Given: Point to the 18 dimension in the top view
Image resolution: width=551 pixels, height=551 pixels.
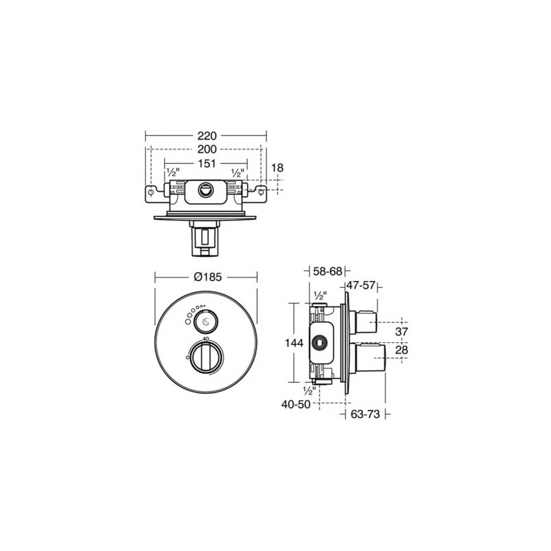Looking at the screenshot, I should point(277,167).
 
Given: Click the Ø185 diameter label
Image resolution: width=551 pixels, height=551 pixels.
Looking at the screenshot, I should point(207,278).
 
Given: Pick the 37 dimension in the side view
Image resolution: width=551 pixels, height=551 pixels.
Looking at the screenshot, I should point(402,332).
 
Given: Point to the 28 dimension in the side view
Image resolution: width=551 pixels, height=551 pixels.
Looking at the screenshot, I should point(402,351).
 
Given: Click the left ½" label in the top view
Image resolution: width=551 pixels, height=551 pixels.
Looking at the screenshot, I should point(173,172).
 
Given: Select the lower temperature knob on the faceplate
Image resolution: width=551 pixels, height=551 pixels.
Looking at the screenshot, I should point(206,357).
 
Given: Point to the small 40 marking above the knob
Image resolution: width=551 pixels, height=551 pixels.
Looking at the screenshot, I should point(206,341).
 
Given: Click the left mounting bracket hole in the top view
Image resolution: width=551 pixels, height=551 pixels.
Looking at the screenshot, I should point(151,192).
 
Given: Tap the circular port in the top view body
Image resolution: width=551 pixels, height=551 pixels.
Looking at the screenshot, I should point(206,189).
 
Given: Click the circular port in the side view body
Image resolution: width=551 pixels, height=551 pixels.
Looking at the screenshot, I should point(320,342).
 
